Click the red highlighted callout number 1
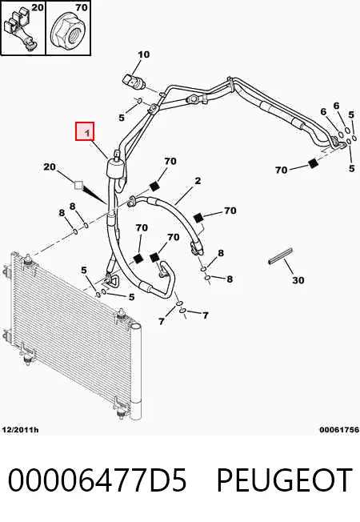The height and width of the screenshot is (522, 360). (85, 131)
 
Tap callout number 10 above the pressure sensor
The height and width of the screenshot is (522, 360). (144, 54)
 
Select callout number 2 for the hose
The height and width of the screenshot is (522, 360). (198, 181)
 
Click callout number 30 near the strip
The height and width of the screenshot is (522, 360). (298, 280)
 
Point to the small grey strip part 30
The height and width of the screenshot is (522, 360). (280, 256)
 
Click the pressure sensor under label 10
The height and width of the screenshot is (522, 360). (133, 82)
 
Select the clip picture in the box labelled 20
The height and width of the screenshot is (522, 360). (20, 30)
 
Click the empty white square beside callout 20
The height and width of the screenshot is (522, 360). (78, 185)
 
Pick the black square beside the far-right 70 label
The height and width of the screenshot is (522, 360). (313, 163)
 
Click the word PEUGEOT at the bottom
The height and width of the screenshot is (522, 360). (285, 480)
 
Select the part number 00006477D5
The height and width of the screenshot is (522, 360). (97, 480)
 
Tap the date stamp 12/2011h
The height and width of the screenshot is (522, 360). (20, 430)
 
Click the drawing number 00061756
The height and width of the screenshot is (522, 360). (339, 430)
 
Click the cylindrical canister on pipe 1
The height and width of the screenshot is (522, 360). (114, 167)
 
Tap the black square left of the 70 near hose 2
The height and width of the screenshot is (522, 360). (198, 217)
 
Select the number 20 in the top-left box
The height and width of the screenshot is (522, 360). (38, 6)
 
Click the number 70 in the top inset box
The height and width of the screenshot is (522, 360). (81, 6)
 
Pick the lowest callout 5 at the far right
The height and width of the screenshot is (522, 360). (352, 168)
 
